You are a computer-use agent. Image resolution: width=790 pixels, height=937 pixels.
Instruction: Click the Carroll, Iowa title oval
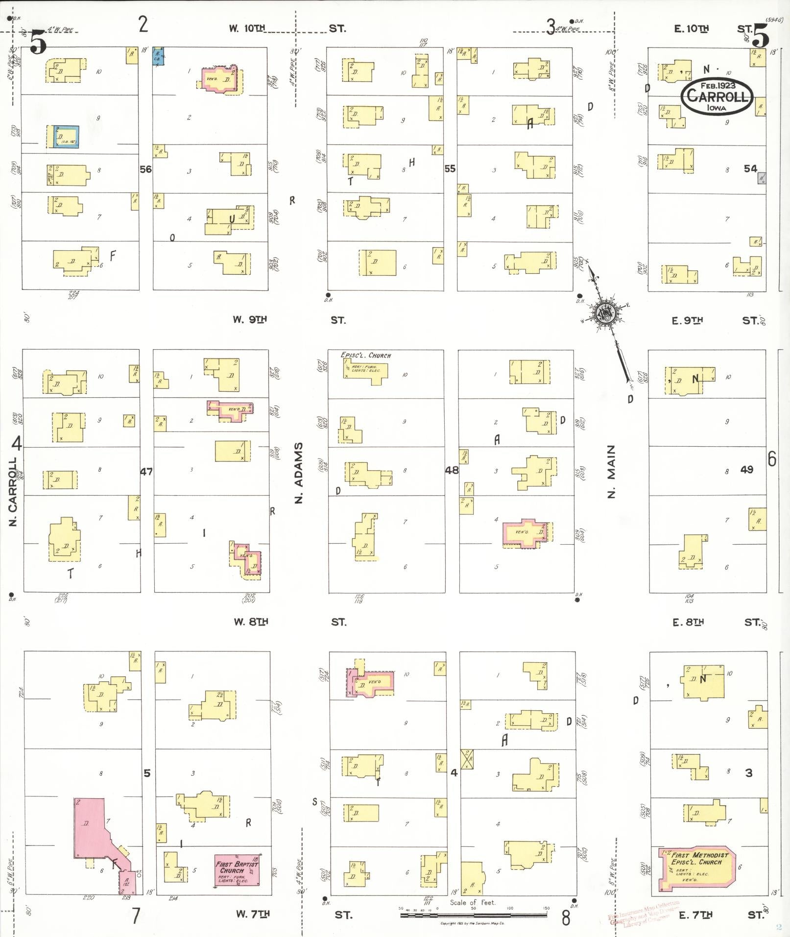click(717, 96)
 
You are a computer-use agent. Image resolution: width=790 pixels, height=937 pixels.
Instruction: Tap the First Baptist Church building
click(237, 869)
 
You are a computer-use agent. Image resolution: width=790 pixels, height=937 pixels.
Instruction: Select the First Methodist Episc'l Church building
click(695, 868)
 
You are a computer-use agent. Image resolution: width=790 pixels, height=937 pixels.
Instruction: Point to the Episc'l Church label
click(366, 355)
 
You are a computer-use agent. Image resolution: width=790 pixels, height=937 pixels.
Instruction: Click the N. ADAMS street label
click(298, 473)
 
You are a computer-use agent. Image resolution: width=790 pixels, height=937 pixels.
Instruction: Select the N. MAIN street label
click(611, 471)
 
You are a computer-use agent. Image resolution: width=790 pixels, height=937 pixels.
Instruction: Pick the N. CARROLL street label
click(13, 491)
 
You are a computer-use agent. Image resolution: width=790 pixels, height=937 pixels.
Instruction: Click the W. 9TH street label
click(250, 319)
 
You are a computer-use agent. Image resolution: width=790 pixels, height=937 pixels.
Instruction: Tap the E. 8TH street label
click(688, 622)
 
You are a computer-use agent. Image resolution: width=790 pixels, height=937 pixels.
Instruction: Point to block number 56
click(145, 169)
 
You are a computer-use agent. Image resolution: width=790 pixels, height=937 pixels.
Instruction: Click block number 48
click(452, 470)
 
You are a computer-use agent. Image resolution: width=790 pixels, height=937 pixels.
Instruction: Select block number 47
click(146, 472)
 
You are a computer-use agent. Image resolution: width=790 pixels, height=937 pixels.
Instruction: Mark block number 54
click(750, 168)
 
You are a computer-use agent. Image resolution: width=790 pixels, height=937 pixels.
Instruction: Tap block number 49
click(746, 470)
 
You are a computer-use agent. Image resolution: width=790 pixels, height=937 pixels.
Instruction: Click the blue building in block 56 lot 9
click(63, 136)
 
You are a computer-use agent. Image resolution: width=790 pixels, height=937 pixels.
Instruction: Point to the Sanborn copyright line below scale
click(472, 923)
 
